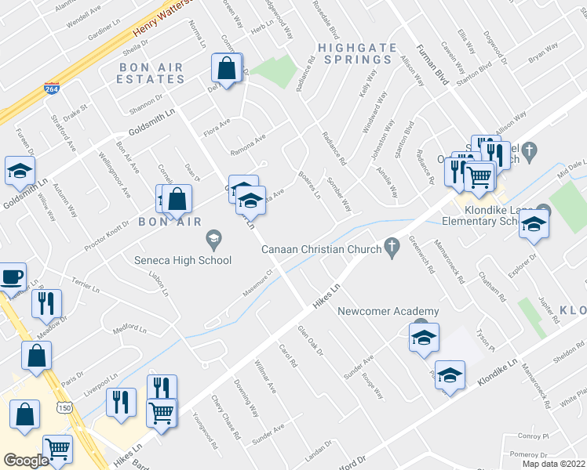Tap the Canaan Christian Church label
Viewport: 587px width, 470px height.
tap(322, 249)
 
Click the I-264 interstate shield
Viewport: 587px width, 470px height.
tap(52, 90)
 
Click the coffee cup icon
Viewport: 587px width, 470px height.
tap(12, 277)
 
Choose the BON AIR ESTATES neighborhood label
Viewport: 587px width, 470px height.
tap(151, 74)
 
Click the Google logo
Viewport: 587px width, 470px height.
tap(26, 461)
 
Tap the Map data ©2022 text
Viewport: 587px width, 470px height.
tap(553, 464)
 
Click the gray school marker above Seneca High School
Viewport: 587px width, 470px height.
tap(213, 237)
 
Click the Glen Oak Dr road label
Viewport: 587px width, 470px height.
tap(310, 341)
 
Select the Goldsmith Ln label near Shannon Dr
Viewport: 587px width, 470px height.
tap(152, 125)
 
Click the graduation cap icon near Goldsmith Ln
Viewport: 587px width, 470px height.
tap(20, 171)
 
